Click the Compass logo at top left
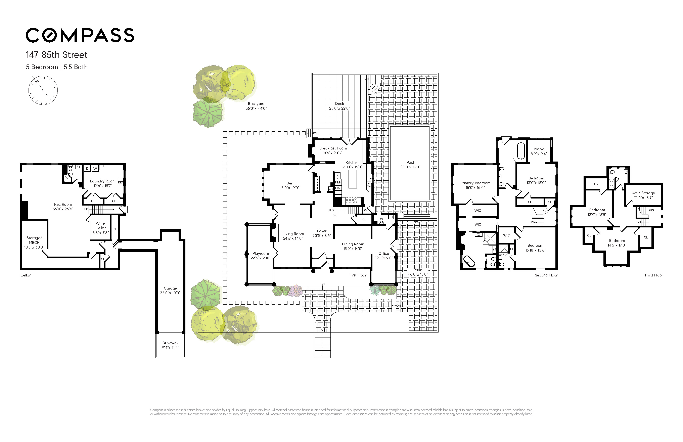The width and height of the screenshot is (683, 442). pos(80,35)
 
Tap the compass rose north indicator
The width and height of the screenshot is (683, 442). pos(37,82)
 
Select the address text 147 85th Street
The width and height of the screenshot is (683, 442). pos(56,55)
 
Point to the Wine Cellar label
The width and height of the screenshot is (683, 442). pos(100,226)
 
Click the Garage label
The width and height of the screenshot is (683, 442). pos(170,288)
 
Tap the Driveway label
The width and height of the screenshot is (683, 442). pos(170,343)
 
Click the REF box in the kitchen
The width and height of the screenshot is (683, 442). pos(338,182)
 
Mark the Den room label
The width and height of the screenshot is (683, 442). pos(289,183)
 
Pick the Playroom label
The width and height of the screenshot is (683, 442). pos(261,253)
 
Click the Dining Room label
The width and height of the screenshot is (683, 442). pos(353,244)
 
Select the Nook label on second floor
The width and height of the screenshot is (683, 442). pos(539,149)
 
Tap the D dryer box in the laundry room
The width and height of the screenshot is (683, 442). pos(87,169)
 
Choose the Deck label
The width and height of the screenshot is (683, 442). pos(339,104)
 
